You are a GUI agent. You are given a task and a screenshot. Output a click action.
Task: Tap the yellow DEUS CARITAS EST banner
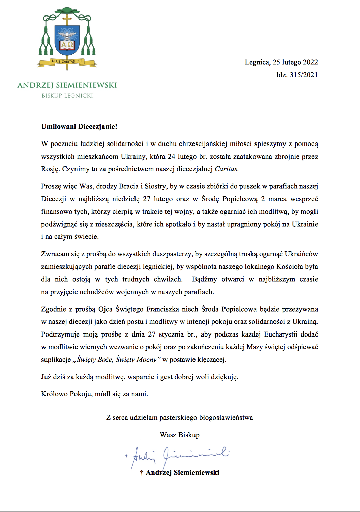coord(67,62)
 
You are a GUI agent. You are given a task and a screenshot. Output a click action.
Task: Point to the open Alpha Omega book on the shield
coord(67,45)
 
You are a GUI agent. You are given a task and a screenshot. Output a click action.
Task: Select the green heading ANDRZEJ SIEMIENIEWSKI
coord(67,85)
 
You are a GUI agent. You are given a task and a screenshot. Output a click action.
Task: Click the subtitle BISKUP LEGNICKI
coord(67,96)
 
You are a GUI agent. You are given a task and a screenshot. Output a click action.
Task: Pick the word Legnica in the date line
coord(257,62)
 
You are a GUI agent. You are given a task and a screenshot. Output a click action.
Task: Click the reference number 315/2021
coord(303,75)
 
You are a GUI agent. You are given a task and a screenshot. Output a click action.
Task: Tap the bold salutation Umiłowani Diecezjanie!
coord(79,127)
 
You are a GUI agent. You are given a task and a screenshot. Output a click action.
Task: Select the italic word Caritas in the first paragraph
coord(227,169)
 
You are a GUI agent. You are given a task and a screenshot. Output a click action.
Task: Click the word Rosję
coord(50,169)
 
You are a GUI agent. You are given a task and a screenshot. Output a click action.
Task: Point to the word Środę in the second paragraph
coord(210,199)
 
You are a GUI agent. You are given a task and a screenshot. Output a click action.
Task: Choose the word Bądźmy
coord(205,279)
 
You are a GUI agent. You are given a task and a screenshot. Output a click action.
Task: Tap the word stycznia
coord(173,334)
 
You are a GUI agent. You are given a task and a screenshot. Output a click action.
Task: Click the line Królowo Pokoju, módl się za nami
coord(94,394)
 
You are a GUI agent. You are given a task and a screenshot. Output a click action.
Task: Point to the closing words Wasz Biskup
coord(180,435)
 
